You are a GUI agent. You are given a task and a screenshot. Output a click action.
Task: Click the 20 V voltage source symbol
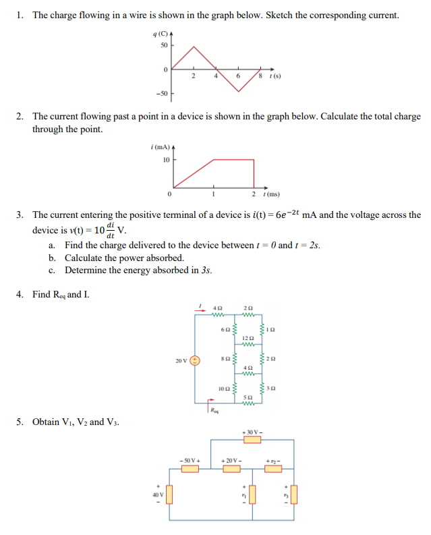(195, 360)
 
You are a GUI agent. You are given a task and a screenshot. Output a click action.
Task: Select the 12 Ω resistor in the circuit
(248, 344)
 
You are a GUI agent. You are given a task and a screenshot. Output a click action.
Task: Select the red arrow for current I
(200, 310)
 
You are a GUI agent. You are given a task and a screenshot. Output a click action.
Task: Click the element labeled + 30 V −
(252, 440)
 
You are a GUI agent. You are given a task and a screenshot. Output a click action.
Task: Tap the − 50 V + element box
(190, 468)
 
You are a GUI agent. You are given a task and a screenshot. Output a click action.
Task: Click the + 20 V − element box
(232, 468)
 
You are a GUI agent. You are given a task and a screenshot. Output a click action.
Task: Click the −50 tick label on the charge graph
(163, 92)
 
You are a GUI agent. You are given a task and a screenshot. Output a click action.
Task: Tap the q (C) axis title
(160, 34)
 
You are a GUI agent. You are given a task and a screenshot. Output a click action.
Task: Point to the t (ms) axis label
(271, 194)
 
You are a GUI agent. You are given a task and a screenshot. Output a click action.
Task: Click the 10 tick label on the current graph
(166, 160)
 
